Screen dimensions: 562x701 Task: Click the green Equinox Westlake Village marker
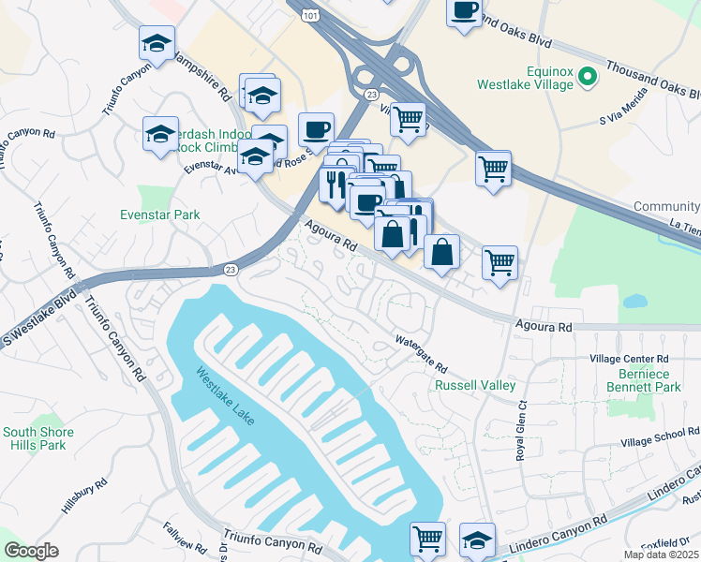point(589,76)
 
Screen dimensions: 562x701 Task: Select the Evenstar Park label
point(161,214)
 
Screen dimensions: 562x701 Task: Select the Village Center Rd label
point(628,359)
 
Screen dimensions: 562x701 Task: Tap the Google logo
point(32,551)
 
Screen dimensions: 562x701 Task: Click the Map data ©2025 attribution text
point(661,555)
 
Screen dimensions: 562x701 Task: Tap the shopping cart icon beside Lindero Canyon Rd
point(427,539)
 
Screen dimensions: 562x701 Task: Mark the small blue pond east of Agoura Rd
point(634,302)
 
